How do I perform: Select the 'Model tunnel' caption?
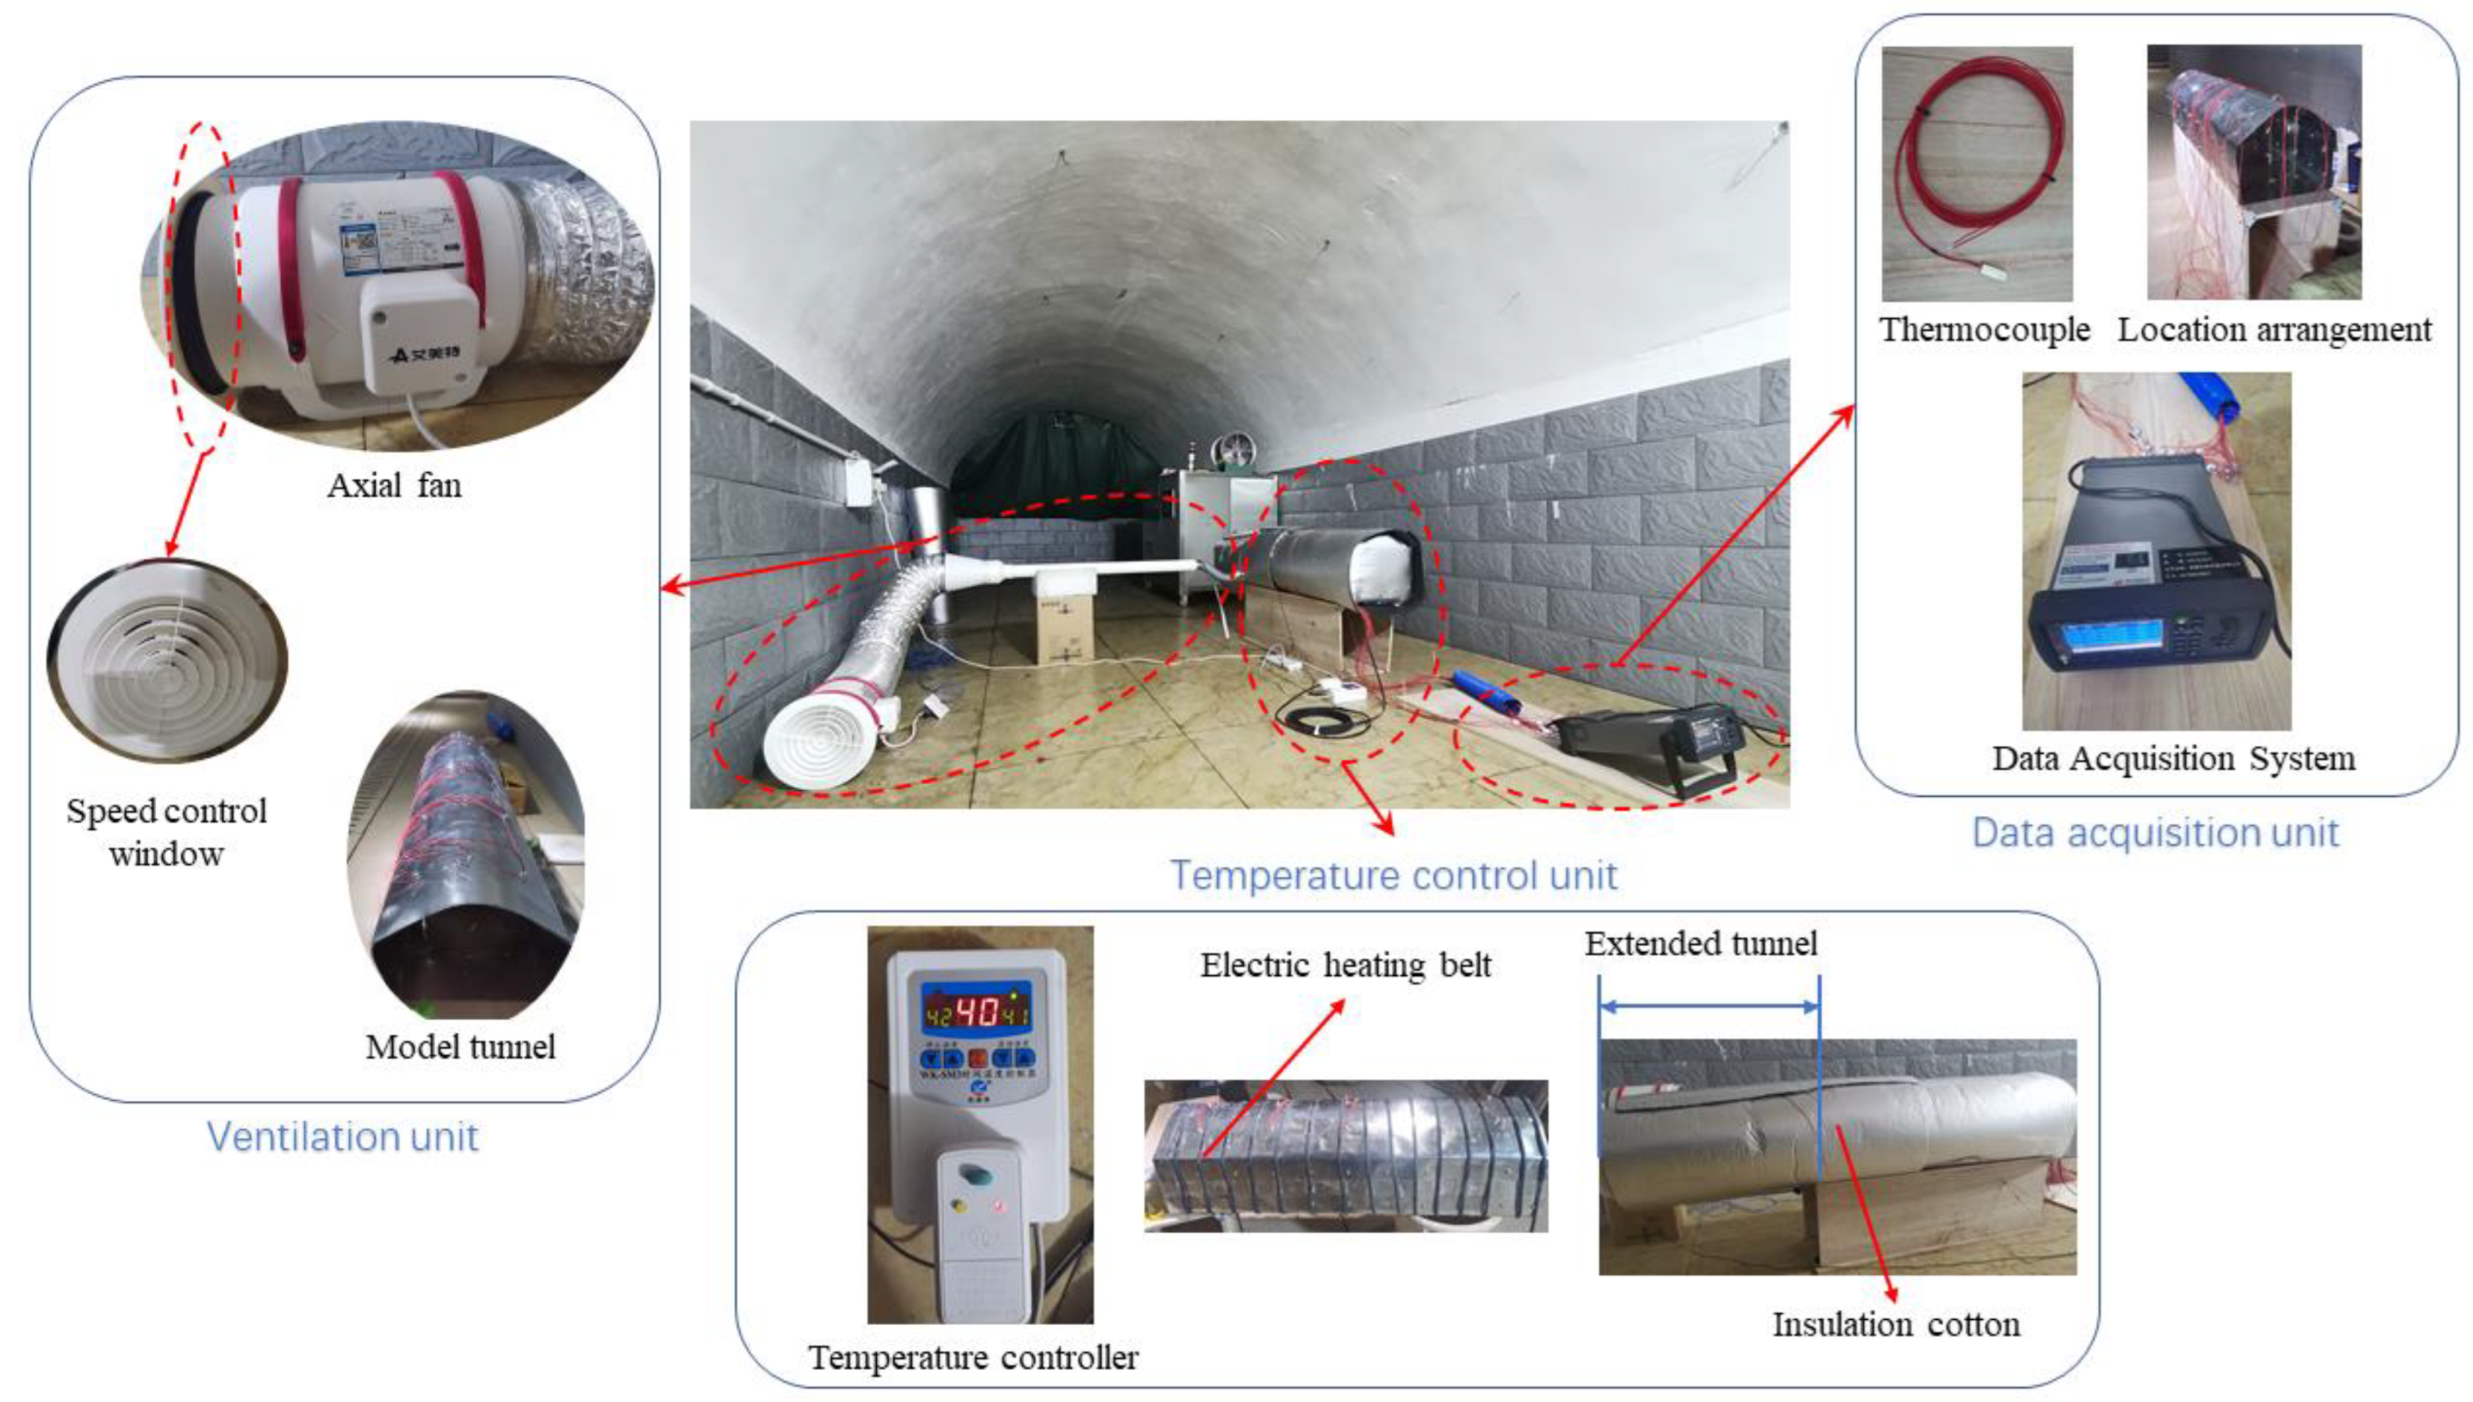click(460, 1047)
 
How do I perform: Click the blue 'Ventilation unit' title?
click(342, 1136)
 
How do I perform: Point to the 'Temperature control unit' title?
click(1393, 875)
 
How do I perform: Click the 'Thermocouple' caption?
click(1985, 329)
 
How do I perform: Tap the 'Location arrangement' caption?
click(2274, 329)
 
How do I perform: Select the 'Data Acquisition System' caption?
click(2173, 758)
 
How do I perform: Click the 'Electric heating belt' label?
click(1345, 964)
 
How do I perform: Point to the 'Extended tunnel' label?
click(1700, 943)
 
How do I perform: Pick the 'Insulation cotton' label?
click(1896, 1324)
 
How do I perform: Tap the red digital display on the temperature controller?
click(978, 1012)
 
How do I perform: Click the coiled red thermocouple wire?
click(1974, 164)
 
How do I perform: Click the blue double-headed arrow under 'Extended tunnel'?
click(1709, 1006)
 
